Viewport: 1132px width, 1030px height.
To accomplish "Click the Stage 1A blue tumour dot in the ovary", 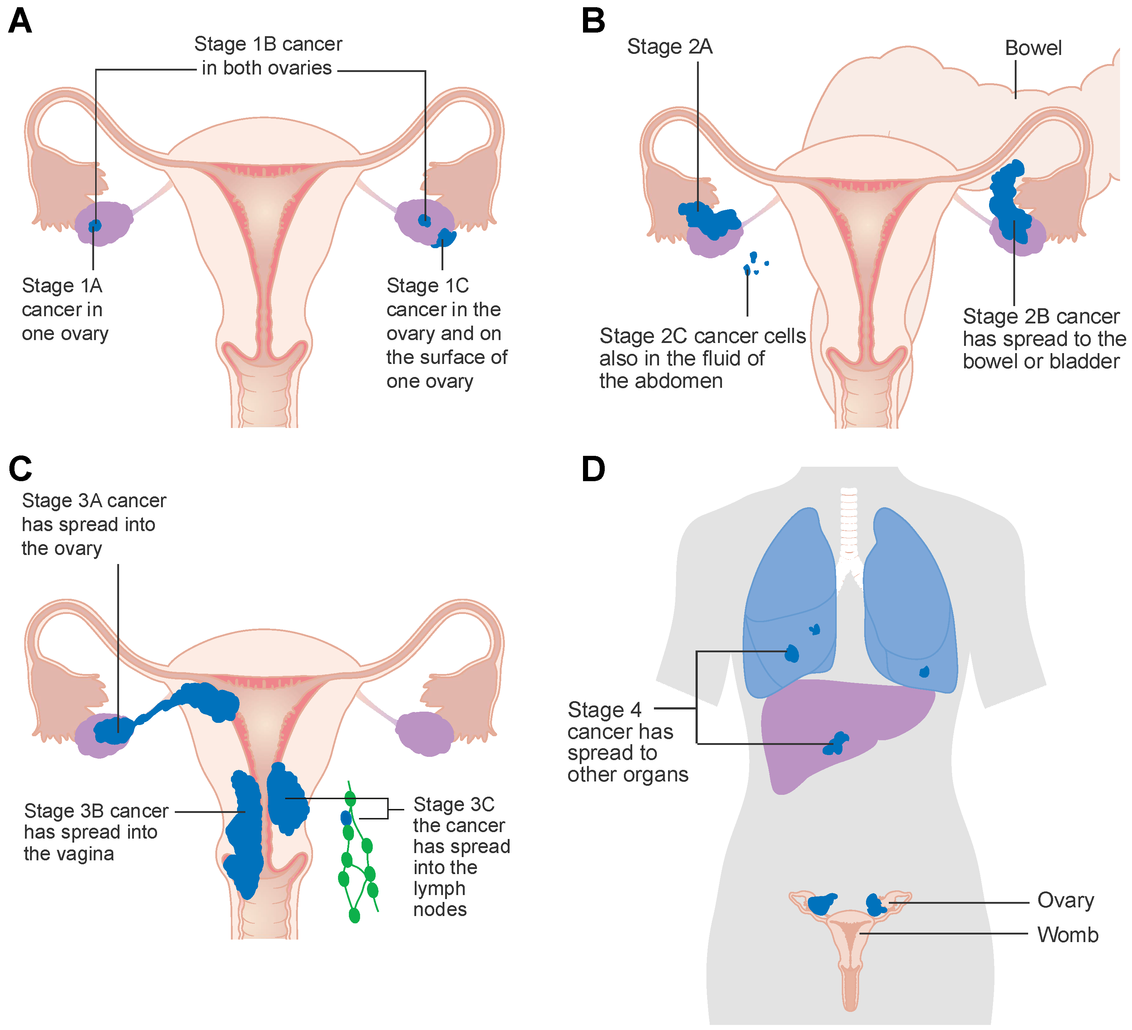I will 95,226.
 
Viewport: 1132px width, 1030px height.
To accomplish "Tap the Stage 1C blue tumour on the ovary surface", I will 445,238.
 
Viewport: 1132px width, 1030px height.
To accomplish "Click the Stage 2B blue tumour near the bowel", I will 1009,202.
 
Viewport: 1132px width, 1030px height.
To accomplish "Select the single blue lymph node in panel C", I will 346,818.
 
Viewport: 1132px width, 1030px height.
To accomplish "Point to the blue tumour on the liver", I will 837,744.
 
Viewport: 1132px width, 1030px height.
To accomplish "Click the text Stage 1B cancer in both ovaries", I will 267,56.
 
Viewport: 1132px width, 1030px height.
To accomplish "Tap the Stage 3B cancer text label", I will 96,832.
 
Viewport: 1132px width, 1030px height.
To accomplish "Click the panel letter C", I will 20,469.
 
